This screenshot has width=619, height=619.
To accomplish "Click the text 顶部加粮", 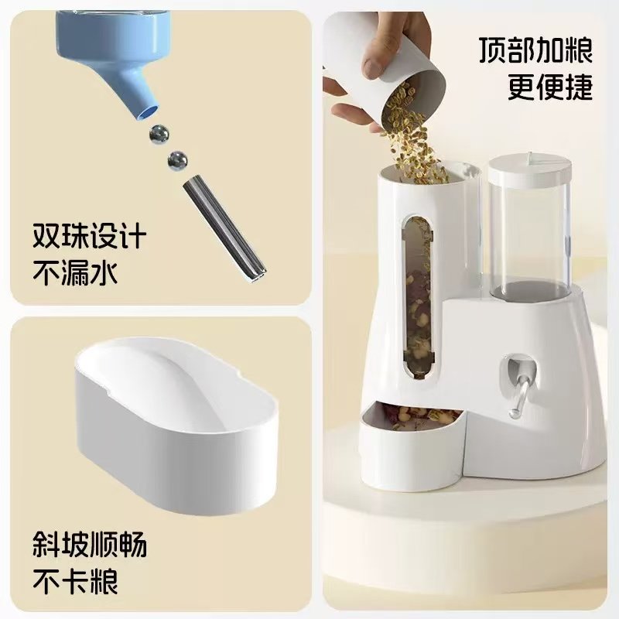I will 535,52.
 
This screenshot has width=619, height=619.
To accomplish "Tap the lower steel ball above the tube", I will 178,161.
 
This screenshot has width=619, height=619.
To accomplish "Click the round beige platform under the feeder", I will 464,526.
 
